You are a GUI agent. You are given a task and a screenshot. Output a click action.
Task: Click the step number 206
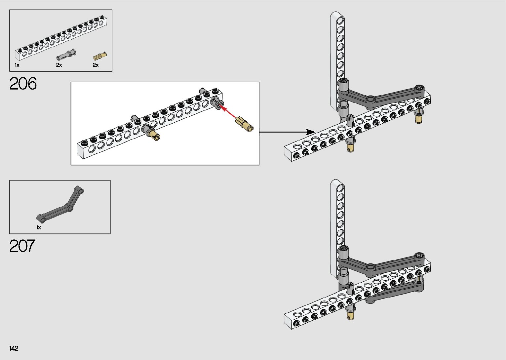click(x=23, y=84)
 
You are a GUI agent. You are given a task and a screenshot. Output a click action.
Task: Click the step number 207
click(x=22, y=246)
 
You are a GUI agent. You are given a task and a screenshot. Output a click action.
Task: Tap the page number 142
click(x=14, y=348)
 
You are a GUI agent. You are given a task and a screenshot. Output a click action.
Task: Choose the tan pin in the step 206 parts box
click(x=100, y=55)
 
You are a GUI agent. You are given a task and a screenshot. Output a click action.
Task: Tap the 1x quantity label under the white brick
click(x=17, y=65)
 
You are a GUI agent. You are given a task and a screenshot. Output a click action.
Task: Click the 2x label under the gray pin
click(x=59, y=65)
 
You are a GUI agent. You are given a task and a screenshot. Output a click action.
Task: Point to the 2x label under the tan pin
click(x=96, y=65)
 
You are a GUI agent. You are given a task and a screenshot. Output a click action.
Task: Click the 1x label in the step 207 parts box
click(x=39, y=227)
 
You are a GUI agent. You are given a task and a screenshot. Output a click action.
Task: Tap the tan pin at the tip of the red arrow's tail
click(x=245, y=124)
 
